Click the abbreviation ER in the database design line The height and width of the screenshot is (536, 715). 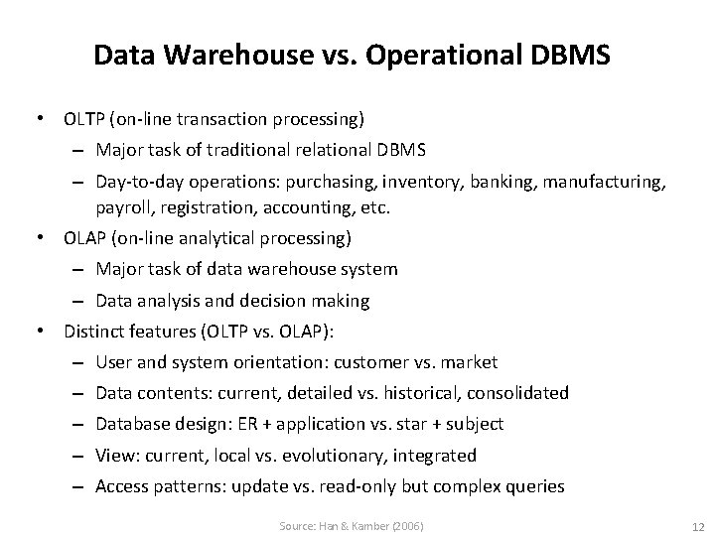[273, 424]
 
